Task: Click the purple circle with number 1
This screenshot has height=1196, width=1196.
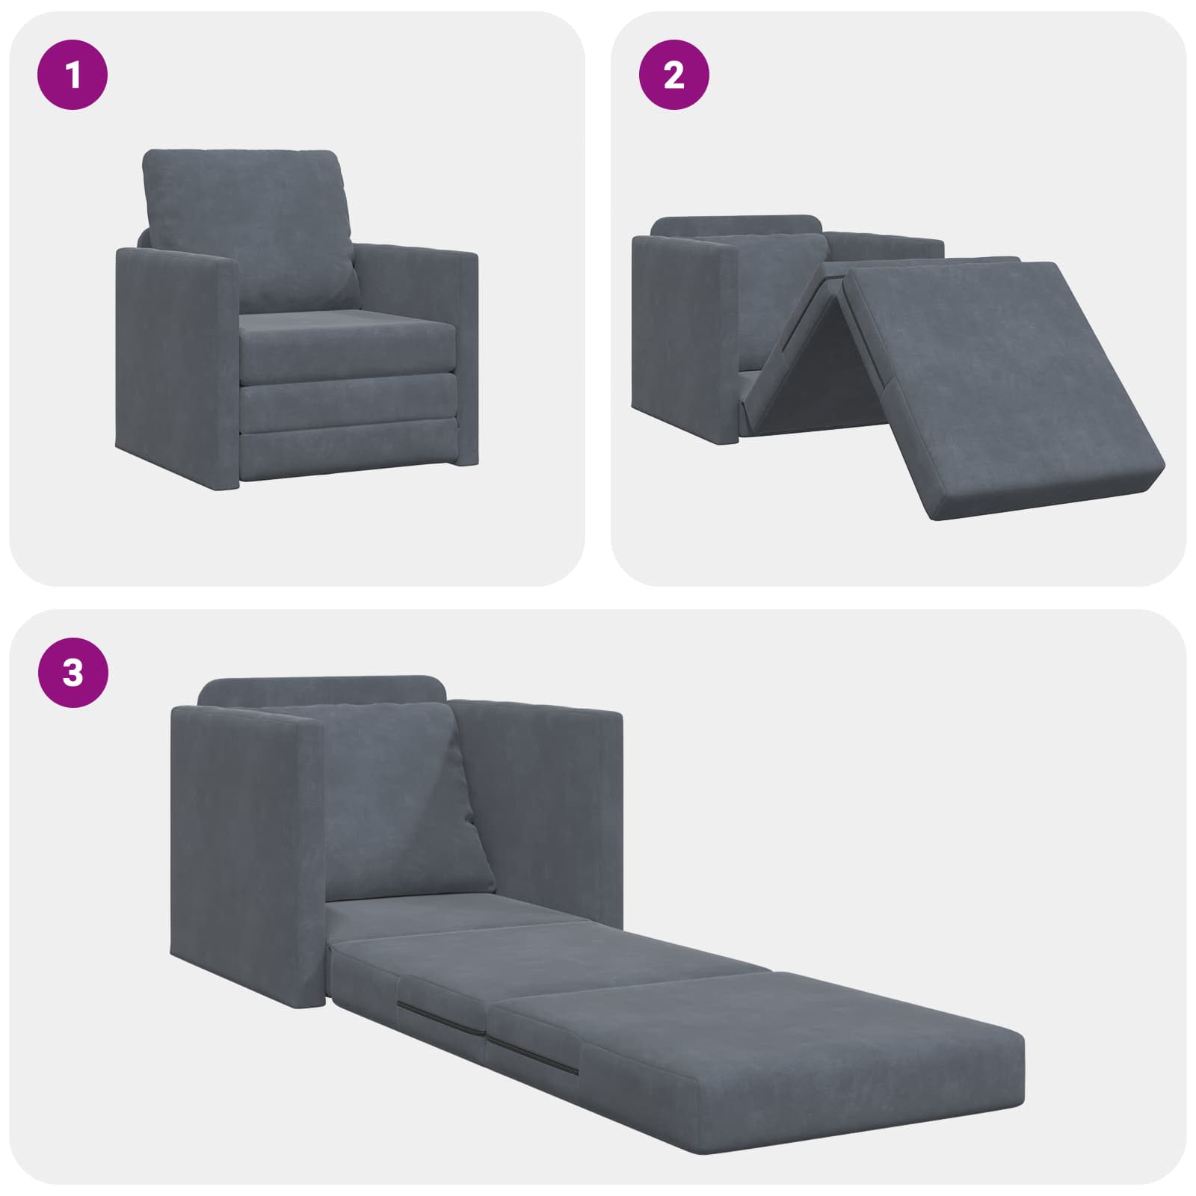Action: coord(73,75)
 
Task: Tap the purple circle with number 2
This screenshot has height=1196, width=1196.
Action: coord(673,75)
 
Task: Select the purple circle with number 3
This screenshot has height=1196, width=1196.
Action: coord(73,673)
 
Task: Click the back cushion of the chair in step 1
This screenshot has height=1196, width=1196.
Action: coord(247,224)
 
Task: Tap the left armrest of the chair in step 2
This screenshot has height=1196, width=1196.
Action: coord(684,336)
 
